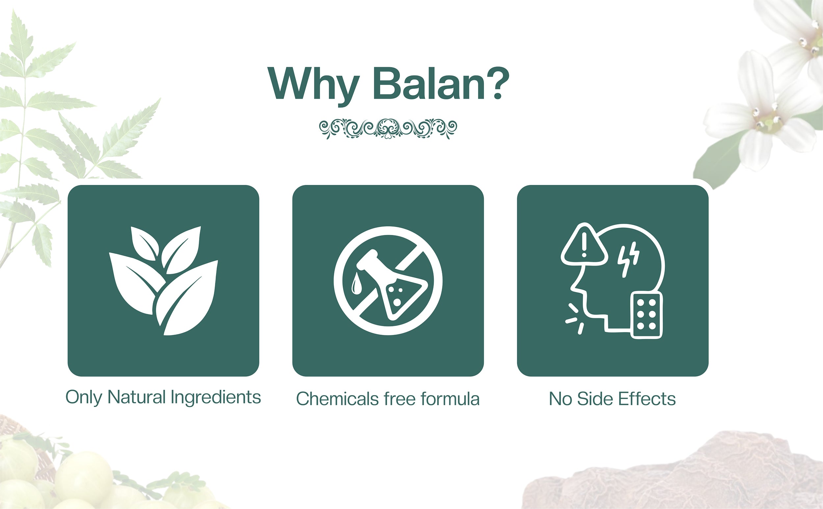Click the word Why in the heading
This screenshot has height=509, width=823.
[313, 86]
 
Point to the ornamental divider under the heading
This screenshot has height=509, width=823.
[388, 129]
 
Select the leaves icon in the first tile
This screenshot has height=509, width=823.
[163, 280]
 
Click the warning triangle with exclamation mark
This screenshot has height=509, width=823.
[584, 244]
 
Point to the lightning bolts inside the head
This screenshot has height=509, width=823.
[628, 259]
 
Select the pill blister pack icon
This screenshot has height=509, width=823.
[646, 315]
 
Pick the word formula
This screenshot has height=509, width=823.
[450, 399]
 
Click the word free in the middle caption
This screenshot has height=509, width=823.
[400, 399]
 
